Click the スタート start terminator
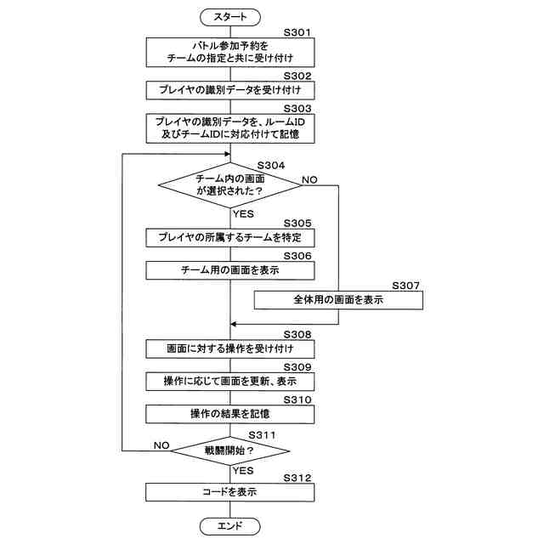click(230, 16)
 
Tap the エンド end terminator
click(230, 526)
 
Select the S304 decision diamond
click(230, 184)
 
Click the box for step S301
click(230, 52)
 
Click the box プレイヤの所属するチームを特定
click(230, 237)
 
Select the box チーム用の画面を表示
click(230, 270)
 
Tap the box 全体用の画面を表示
click(338, 299)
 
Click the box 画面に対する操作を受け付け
click(230, 348)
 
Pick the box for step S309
click(230, 382)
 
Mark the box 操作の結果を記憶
click(230, 414)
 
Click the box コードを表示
click(230, 491)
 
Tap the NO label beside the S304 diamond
click(309, 180)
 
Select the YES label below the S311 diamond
click(243, 469)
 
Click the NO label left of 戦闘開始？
click(161, 444)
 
